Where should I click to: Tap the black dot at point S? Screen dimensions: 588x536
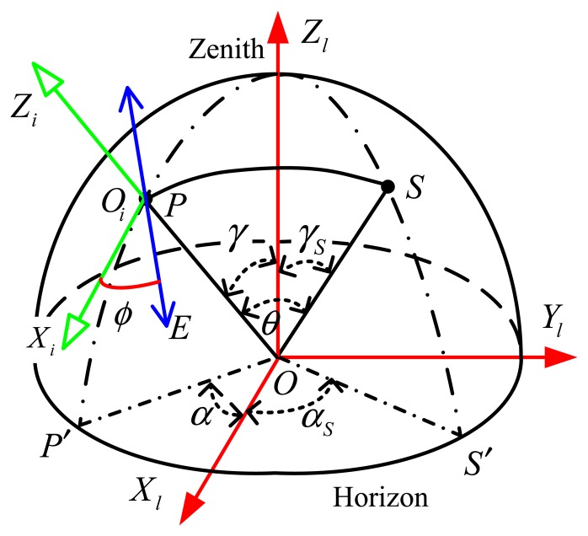click(388, 185)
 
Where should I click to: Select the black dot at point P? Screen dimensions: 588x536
click(147, 200)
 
